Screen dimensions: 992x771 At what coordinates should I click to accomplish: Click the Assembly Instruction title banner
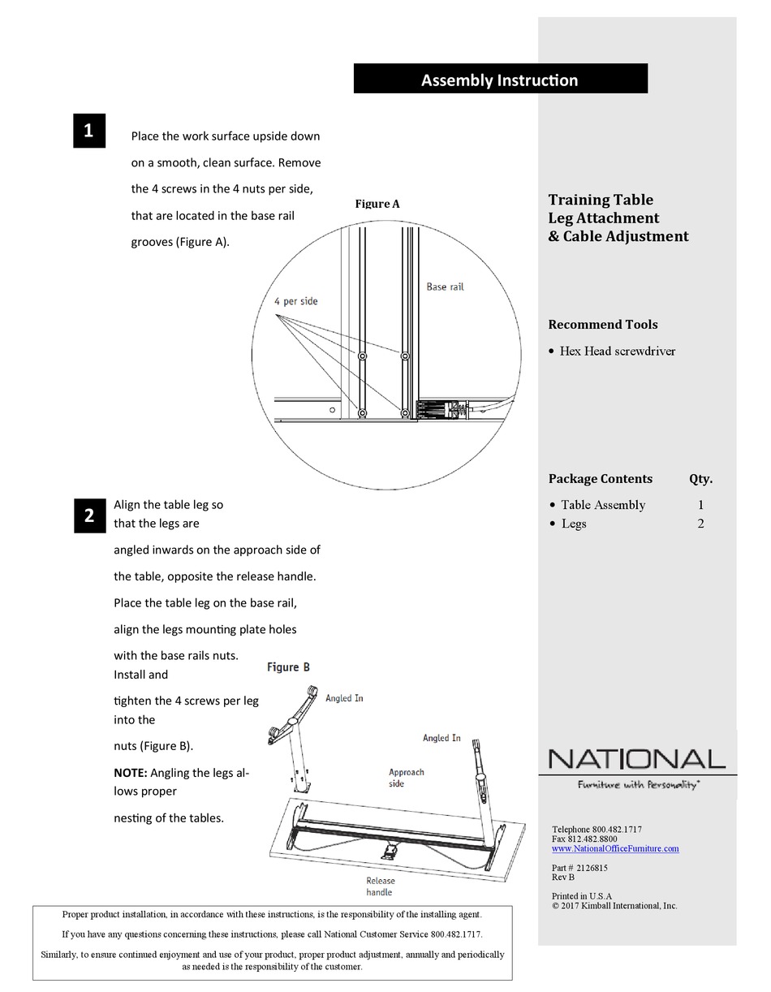tap(500, 80)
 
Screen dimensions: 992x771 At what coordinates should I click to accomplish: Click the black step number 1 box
tap(89, 131)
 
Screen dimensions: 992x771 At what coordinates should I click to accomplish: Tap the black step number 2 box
tap(89, 515)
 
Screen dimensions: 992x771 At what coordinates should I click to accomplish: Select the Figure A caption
tap(377, 204)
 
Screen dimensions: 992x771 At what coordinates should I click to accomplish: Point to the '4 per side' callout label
tap(296, 301)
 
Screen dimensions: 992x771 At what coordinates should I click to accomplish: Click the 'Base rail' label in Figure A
tap(445, 287)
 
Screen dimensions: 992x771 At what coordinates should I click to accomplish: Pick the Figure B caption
tap(288, 667)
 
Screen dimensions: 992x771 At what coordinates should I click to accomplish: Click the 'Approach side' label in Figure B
tap(406, 778)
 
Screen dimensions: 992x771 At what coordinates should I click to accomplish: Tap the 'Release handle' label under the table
tap(380, 886)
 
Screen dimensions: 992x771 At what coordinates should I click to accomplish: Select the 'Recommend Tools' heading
tap(603, 325)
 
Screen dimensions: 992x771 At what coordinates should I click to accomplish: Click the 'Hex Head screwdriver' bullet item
tap(617, 352)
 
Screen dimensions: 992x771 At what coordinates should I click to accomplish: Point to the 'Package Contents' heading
tap(600, 479)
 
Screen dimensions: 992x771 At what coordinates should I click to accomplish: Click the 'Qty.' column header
tap(700, 479)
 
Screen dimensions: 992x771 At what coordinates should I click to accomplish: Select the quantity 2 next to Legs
tap(700, 524)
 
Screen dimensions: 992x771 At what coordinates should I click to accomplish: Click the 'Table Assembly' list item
tap(603, 505)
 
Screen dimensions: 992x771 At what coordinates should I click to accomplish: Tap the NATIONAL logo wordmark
tap(636, 759)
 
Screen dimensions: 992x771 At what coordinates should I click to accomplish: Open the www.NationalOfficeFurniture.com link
tap(615, 849)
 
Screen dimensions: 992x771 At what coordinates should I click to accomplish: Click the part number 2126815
tap(592, 868)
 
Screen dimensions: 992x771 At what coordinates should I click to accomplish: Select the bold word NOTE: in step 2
tap(131, 773)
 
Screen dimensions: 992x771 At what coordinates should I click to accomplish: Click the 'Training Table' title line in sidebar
tap(601, 200)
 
